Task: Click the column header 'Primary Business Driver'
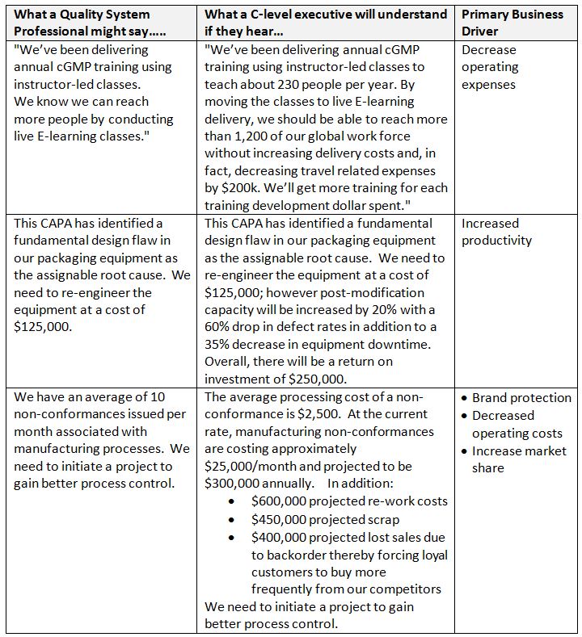(x=512, y=23)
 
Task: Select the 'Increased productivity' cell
(x=496, y=232)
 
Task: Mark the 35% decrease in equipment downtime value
(x=220, y=344)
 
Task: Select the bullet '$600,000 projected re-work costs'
(x=349, y=501)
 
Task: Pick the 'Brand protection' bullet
(x=521, y=398)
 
